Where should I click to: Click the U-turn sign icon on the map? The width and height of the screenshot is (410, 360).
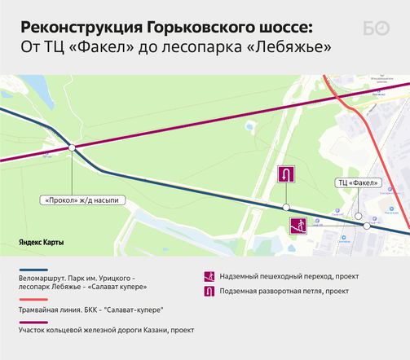coord(286,175)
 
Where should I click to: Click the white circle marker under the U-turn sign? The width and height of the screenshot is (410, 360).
coord(286,206)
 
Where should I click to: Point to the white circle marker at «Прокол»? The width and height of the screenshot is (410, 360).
coord(73,147)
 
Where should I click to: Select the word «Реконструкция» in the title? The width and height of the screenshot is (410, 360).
coord(73,27)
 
